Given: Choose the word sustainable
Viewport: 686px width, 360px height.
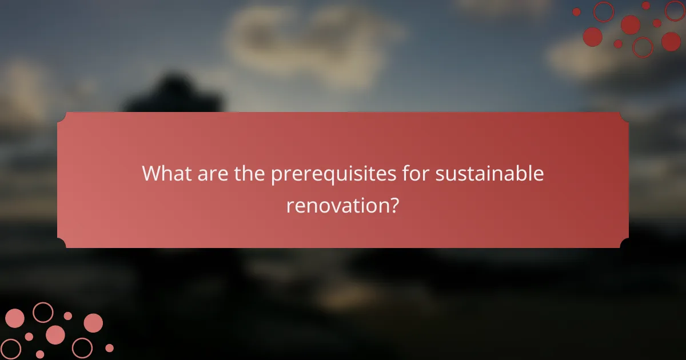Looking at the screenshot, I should coord(490,173).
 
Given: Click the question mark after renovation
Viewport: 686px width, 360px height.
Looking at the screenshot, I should coord(393,206).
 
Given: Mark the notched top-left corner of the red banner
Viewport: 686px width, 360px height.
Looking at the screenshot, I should coord(62,117).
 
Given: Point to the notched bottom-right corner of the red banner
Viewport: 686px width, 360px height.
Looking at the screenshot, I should coord(624,243).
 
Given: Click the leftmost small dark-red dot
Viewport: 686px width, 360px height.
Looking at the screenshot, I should coord(576,12).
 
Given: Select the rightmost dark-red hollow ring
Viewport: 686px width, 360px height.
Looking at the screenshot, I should coord(675,11).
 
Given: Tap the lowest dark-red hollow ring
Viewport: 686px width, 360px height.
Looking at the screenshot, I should coord(643,47).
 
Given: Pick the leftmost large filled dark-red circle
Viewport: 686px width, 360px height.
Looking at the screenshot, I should coord(593,37).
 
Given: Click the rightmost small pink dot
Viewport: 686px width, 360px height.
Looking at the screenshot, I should coord(109,348).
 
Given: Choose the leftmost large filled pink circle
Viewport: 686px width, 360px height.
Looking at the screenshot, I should coord(15,318).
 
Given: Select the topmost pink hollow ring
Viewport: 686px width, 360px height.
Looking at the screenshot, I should coord(43,312).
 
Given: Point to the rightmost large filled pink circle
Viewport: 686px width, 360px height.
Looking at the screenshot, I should coord(93,323).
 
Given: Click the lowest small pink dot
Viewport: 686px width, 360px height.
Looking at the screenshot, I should coord(40,354).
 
